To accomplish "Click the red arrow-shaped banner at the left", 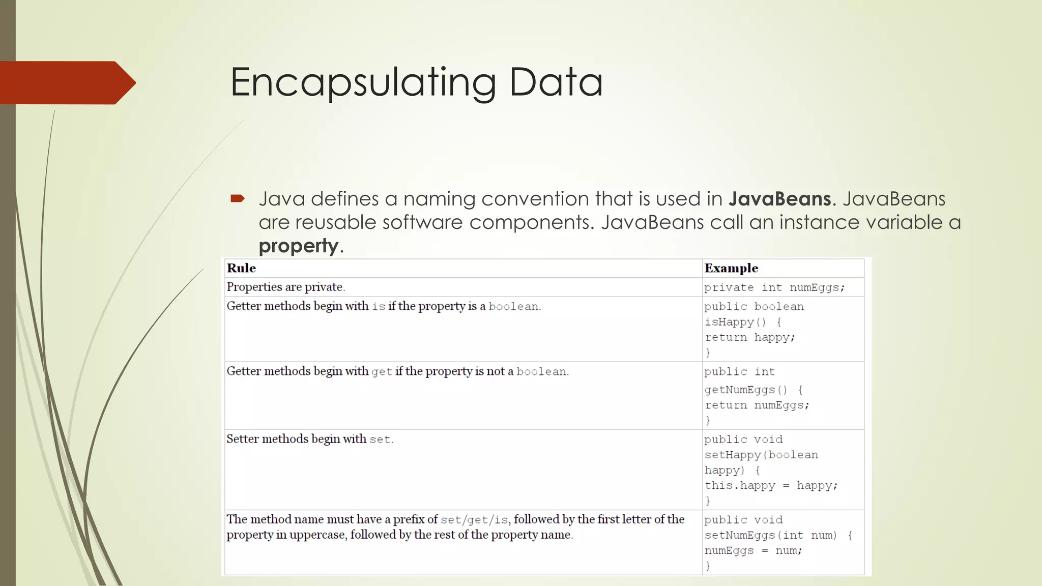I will (x=66, y=82).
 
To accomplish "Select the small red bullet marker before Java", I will (x=238, y=198).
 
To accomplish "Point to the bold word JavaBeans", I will (x=779, y=198).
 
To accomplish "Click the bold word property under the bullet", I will (x=299, y=246).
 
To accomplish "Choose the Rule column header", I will (x=241, y=268).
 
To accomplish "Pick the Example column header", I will (x=731, y=268).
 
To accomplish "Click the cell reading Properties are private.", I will (x=285, y=287).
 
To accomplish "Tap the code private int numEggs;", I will (x=774, y=287).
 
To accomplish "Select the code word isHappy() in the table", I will (x=735, y=322).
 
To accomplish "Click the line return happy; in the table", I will (x=749, y=337).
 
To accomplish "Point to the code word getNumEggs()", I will (x=746, y=390).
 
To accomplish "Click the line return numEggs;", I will (x=757, y=405).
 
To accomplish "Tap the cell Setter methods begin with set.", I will (x=309, y=439).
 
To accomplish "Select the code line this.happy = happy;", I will (x=770, y=485).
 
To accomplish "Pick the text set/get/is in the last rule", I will (x=474, y=519).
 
